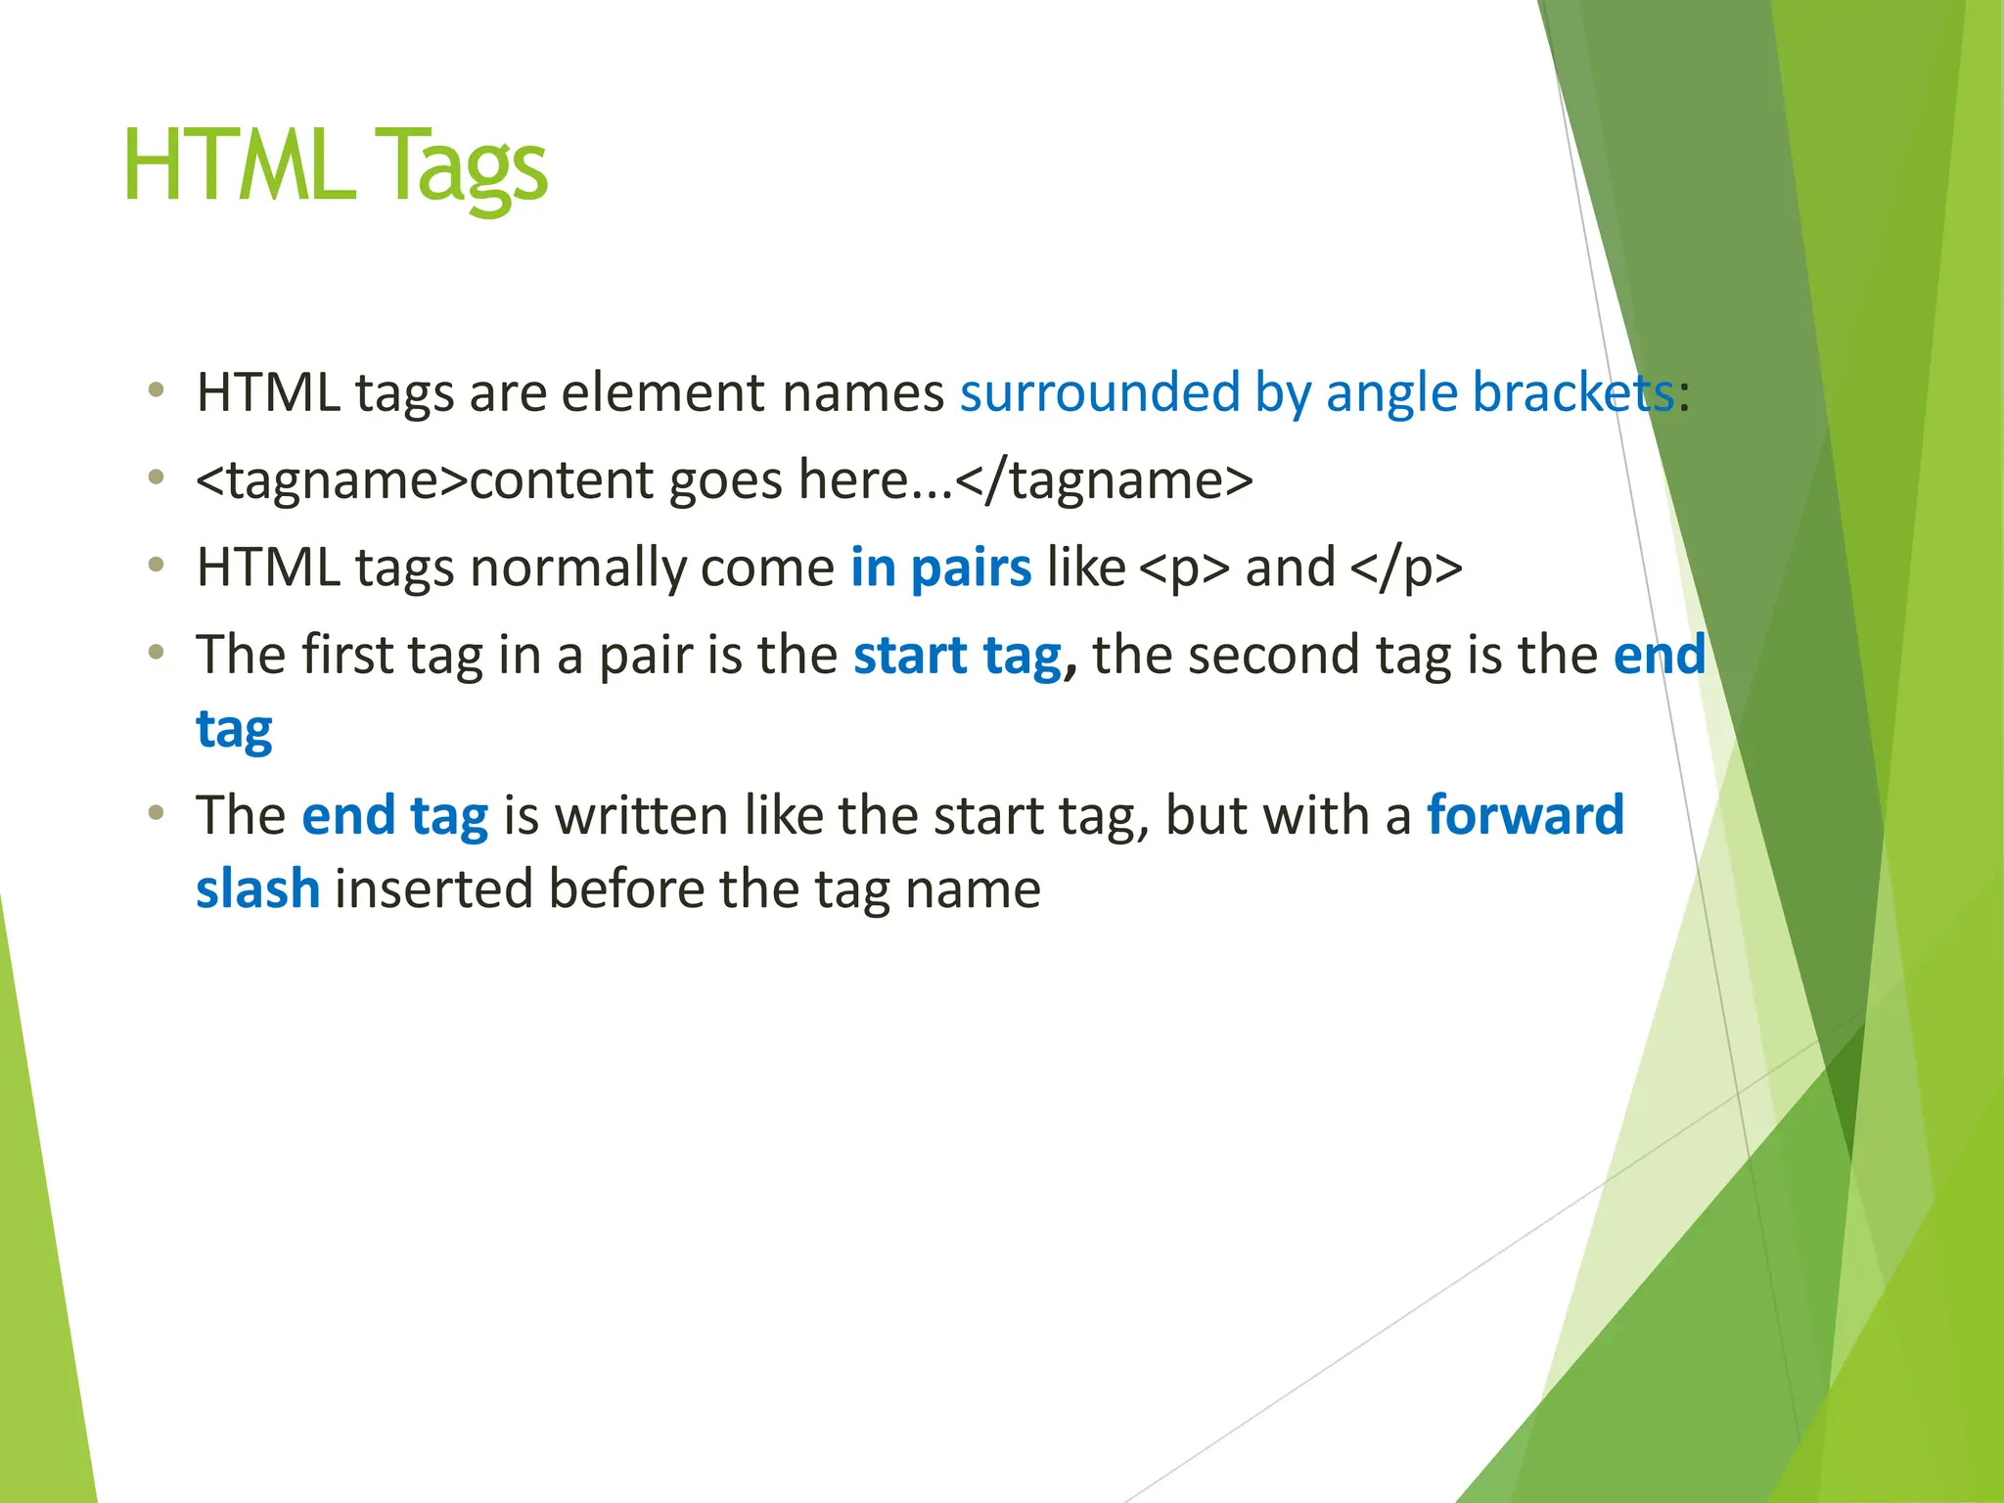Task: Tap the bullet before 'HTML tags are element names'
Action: (156, 391)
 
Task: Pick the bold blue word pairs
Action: (971, 568)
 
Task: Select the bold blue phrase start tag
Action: (957, 656)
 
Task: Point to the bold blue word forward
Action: (1525, 815)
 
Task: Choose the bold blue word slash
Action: (257, 888)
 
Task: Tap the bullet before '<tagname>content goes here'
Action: (156, 478)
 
